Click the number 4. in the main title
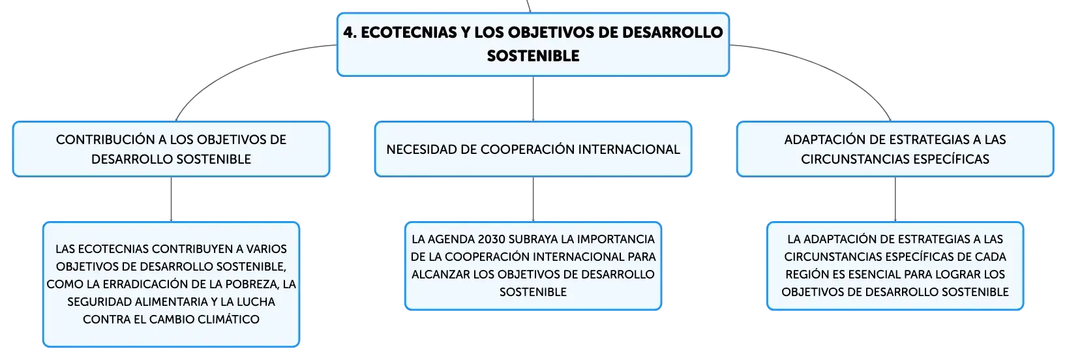(x=350, y=33)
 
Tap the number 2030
(x=492, y=239)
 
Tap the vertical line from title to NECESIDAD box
(x=533, y=98)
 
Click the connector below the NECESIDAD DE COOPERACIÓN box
(x=533, y=199)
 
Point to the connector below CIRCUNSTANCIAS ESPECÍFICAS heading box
(x=895, y=199)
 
